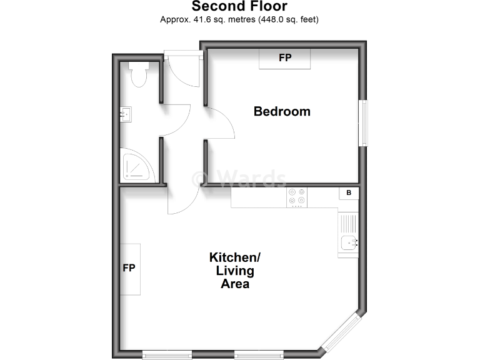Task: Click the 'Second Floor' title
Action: pyautogui.click(x=239, y=7)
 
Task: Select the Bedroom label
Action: pyautogui.click(x=282, y=112)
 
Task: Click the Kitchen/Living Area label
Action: pyautogui.click(x=234, y=270)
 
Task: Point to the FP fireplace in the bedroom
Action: pyautogui.click(x=285, y=58)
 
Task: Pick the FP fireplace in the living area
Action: pyautogui.click(x=130, y=269)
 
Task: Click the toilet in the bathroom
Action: pyautogui.click(x=138, y=73)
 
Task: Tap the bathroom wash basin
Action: pyautogui.click(x=126, y=114)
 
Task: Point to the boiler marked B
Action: pyautogui.click(x=349, y=194)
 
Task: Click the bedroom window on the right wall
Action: pyautogui.click(x=363, y=123)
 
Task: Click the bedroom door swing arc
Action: pyautogui.click(x=220, y=124)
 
